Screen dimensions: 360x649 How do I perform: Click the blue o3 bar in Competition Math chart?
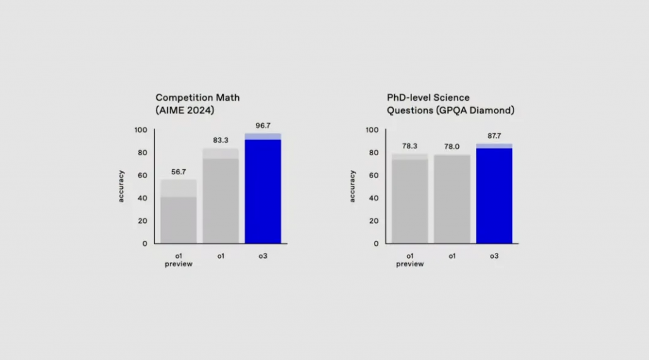[x=263, y=190]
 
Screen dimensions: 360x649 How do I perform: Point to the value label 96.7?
[x=263, y=126]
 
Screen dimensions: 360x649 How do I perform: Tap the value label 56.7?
[x=179, y=172]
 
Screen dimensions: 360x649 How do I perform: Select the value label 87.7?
[x=494, y=136]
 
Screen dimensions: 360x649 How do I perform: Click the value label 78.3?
[x=410, y=146]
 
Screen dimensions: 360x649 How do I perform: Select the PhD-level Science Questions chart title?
[x=450, y=104]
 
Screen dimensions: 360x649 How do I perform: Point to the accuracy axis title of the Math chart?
[x=122, y=186]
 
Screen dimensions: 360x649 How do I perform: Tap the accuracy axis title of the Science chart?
[x=353, y=186]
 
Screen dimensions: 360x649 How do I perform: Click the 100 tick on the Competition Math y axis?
[x=141, y=130]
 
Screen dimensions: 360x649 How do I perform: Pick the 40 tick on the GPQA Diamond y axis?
[x=374, y=198]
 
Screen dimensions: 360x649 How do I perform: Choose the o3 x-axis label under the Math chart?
[x=263, y=256]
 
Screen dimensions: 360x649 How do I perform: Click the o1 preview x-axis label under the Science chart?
[x=410, y=260]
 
